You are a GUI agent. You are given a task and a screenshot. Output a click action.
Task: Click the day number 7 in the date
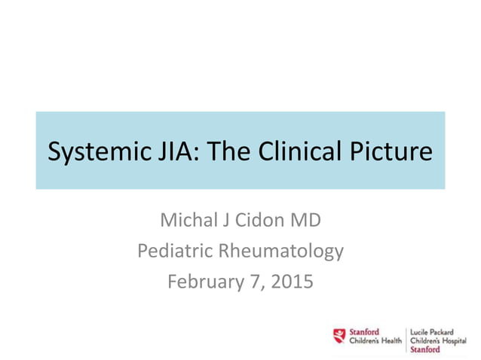point(253,282)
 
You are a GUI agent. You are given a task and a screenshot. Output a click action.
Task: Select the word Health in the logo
point(390,340)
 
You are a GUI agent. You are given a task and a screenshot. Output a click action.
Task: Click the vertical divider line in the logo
point(408,339)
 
